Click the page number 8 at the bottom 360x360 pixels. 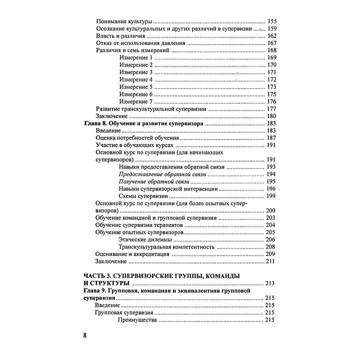(85, 334)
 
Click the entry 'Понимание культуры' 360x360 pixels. (123, 22)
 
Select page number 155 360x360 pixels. (272, 22)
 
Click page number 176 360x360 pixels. (272, 101)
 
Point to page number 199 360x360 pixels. (272, 195)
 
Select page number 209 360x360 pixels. (272, 253)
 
